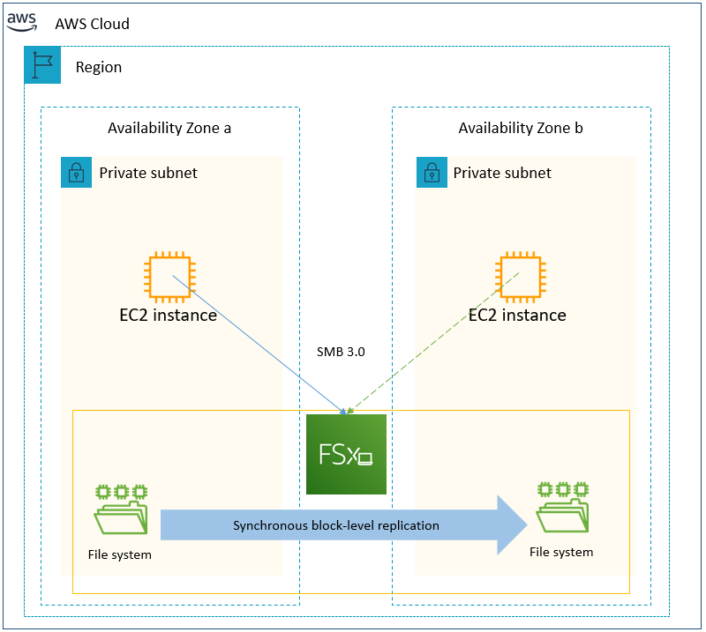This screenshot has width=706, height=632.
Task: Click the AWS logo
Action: pyautogui.click(x=22, y=22)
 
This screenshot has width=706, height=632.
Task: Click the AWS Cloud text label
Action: pyautogui.click(x=92, y=24)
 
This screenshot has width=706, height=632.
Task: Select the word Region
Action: pyautogui.click(x=99, y=67)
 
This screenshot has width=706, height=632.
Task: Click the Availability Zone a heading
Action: pyautogui.click(x=169, y=128)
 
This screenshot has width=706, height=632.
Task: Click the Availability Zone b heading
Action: pyautogui.click(x=521, y=128)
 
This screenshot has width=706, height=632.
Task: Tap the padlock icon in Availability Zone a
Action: pyautogui.click(x=77, y=173)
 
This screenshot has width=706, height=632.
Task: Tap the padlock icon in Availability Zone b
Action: pyautogui.click(x=432, y=173)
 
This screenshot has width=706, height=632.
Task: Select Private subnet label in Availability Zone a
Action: pyautogui.click(x=148, y=173)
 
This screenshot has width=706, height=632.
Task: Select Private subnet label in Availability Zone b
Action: pyautogui.click(x=502, y=173)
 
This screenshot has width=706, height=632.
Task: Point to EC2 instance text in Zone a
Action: pyautogui.click(x=169, y=315)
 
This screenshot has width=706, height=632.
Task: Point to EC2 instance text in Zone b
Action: pyautogui.click(x=517, y=315)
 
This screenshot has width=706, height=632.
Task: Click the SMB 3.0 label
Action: pyautogui.click(x=341, y=352)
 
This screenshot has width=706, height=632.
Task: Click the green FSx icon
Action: pyautogui.click(x=346, y=454)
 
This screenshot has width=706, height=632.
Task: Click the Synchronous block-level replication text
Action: pyautogui.click(x=335, y=525)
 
